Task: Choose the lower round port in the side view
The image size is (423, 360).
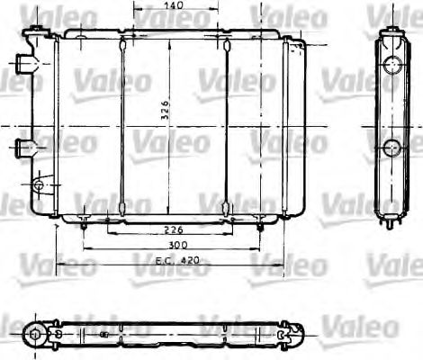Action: [x=391, y=148]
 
